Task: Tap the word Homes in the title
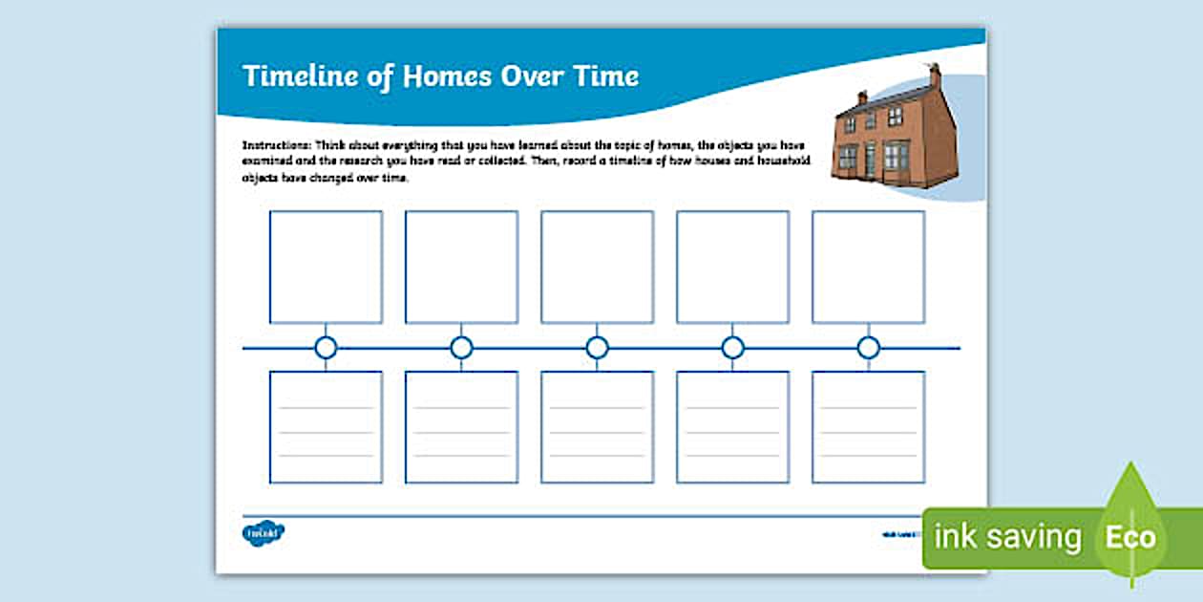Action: click(x=445, y=76)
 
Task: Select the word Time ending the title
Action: click(x=605, y=76)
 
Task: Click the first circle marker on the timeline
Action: click(x=326, y=348)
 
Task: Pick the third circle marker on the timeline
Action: click(x=598, y=348)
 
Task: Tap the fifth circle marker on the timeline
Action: click(x=868, y=348)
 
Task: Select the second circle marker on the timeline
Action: click(x=461, y=348)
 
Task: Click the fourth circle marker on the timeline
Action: click(x=733, y=348)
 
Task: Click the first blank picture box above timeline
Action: click(x=326, y=267)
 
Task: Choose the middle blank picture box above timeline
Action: click(x=598, y=267)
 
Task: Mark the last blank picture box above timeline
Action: click(x=868, y=267)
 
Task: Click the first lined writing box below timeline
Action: click(x=326, y=426)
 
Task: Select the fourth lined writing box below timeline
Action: click(x=733, y=426)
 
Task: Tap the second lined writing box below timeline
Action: click(x=461, y=426)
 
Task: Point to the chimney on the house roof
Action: click(x=935, y=75)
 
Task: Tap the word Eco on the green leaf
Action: click(x=1130, y=537)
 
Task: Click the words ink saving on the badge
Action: click(x=1007, y=537)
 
